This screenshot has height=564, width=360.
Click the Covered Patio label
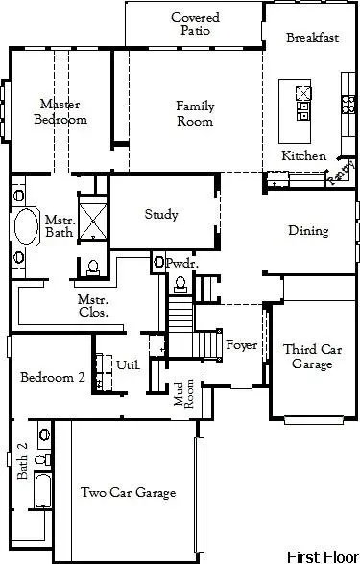pos(195,24)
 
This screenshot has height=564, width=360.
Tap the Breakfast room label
pos(313,38)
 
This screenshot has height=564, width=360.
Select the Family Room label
pos(195,113)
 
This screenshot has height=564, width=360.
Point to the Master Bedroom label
pos(60,111)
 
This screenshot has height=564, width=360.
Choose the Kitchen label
pos(303,155)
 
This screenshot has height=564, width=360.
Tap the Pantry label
pos(340,173)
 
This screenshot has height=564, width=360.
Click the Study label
pos(161,214)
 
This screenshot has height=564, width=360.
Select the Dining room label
pos(308,230)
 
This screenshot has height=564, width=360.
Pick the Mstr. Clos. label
pos(93,305)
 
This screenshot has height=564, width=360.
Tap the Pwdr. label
pos(181,262)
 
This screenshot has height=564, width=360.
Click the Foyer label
pos(241,344)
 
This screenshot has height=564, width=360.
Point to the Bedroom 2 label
pos(53,378)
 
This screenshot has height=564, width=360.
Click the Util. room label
pos(128,364)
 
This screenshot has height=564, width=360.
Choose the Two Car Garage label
pos(128,492)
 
